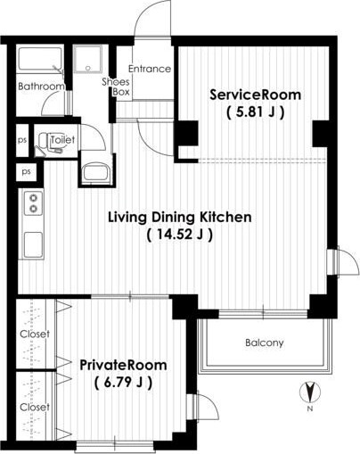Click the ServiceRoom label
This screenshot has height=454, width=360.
point(256,95)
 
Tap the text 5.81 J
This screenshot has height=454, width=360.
point(256,112)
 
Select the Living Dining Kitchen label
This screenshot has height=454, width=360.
point(180,218)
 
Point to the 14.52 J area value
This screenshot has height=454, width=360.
point(180,235)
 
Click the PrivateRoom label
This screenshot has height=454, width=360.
point(123,365)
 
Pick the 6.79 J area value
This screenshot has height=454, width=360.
point(123,383)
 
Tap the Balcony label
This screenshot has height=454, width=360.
point(265,343)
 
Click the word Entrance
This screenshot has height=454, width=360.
point(150,69)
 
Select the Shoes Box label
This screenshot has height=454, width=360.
point(116,87)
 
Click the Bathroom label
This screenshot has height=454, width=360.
point(41,87)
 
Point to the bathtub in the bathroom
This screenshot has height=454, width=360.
point(40,59)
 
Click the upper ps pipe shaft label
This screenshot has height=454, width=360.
point(22,140)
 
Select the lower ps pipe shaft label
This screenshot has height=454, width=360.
point(27,172)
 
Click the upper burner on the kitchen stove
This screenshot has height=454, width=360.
point(33,197)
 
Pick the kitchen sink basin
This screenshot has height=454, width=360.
point(33,244)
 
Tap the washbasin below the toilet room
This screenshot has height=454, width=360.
point(96,172)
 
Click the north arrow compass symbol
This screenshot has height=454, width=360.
point(310,392)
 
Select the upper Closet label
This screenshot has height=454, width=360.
point(35,334)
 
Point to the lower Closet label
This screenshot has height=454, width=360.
point(35,407)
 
